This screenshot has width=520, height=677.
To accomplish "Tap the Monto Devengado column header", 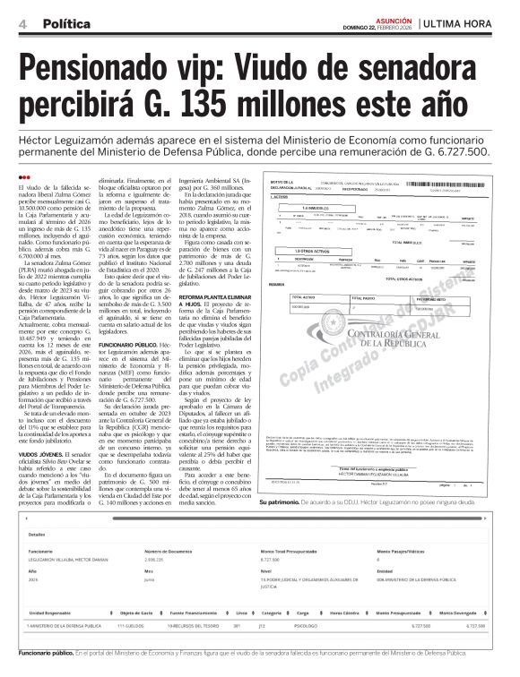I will (x=463, y=611).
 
